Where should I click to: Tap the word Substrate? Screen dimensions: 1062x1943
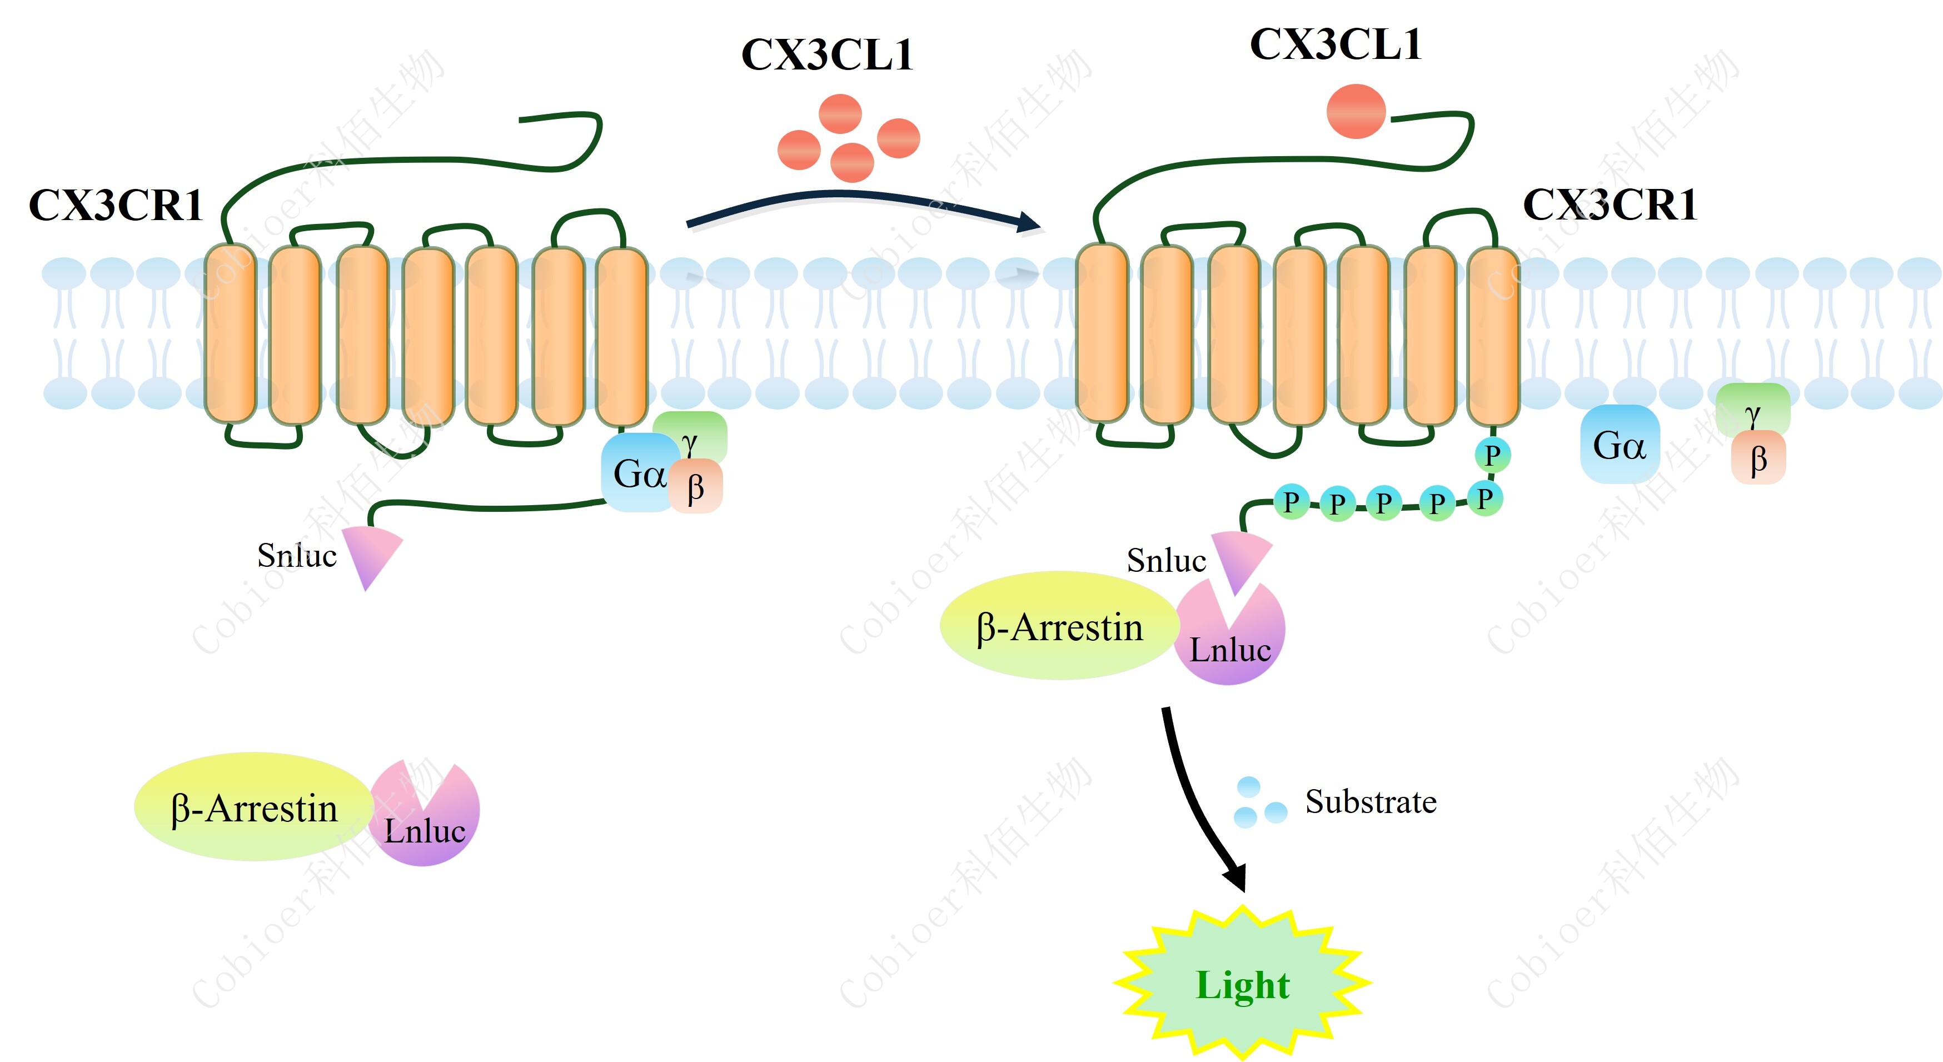point(1371,802)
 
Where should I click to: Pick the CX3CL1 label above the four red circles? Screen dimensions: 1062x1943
point(828,54)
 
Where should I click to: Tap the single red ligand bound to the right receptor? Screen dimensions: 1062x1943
point(1356,112)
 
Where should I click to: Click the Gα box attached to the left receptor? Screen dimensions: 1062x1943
point(638,473)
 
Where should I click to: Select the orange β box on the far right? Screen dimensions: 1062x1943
point(1758,458)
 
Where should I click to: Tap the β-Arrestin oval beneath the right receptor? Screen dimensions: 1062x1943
point(1059,627)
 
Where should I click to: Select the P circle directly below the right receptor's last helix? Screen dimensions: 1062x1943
point(1491,455)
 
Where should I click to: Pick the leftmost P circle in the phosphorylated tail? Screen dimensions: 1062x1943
point(1291,502)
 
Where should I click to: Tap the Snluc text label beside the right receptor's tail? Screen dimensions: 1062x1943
point(1165,560)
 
